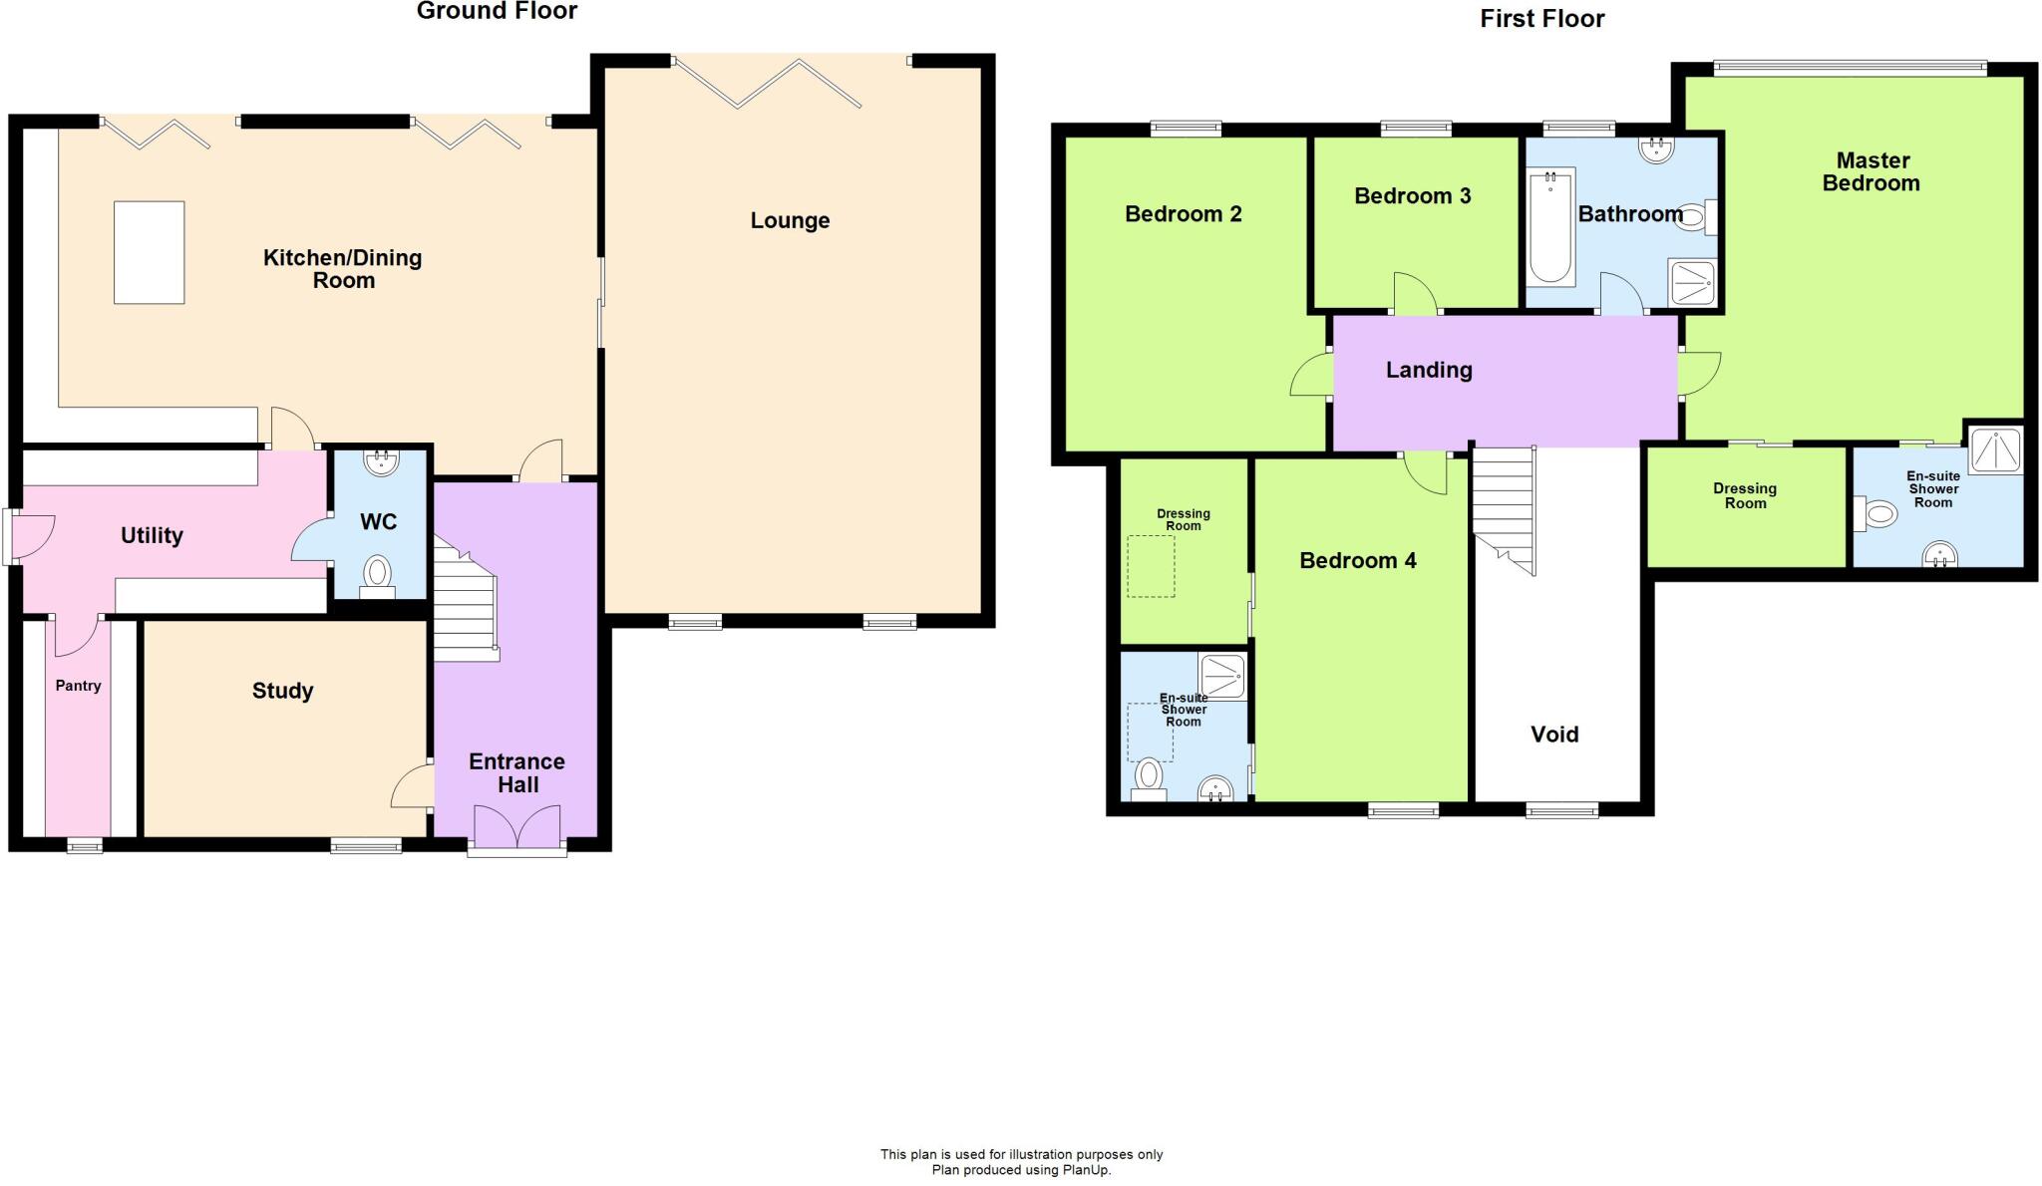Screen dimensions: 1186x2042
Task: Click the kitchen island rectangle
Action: pyautogui.click(x=149, y=252)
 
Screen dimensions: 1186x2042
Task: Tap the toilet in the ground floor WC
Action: pyautogui.click(x=377, y=574)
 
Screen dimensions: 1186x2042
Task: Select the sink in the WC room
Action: pyautogui.click(x=380, y=460)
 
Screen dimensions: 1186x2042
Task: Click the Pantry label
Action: pyautogui.click(x=78, y=686)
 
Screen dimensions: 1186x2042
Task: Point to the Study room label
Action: pyautogui.click(x=282, y=691)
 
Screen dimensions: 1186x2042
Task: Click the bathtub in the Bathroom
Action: pyautogui.click(x=1550, y=227)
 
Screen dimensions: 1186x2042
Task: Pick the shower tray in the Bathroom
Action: pyautogui.click(x=1692, y=282)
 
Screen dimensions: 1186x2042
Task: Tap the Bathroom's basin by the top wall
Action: pyautogui.click(x=1656, y=149)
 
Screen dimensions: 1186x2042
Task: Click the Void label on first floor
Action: pyautogui.click(x=1554, y=735)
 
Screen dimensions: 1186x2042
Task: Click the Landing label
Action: pyautogui.click(x=1429, y=370)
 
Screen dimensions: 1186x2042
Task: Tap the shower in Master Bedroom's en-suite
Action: pyautogui.click(x=1995, y=448)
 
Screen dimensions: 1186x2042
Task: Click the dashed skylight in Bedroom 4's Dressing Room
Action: pyautogui.click(x=1151, y=566)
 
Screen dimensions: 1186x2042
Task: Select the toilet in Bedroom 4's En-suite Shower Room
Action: pyautogui.click(x=1150, y=777)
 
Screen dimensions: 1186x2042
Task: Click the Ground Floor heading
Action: pyautogui.click(x=497, y=12)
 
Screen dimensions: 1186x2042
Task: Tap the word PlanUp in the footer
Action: pyautogui.click(x=1086, y=1170)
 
